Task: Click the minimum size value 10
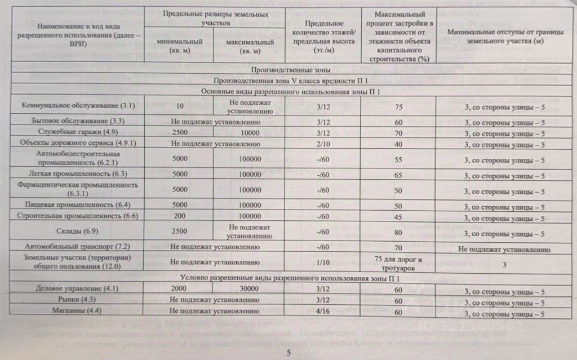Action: [180, 106]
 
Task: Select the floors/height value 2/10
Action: [323, 144]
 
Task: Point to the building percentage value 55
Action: [398, 159]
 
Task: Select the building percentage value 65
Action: [398, 175]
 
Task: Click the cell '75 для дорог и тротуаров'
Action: [398, 263]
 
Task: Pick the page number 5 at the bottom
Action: [287, 353]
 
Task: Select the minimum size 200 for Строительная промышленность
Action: [180, 216]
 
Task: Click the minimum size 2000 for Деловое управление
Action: [180, 288]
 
